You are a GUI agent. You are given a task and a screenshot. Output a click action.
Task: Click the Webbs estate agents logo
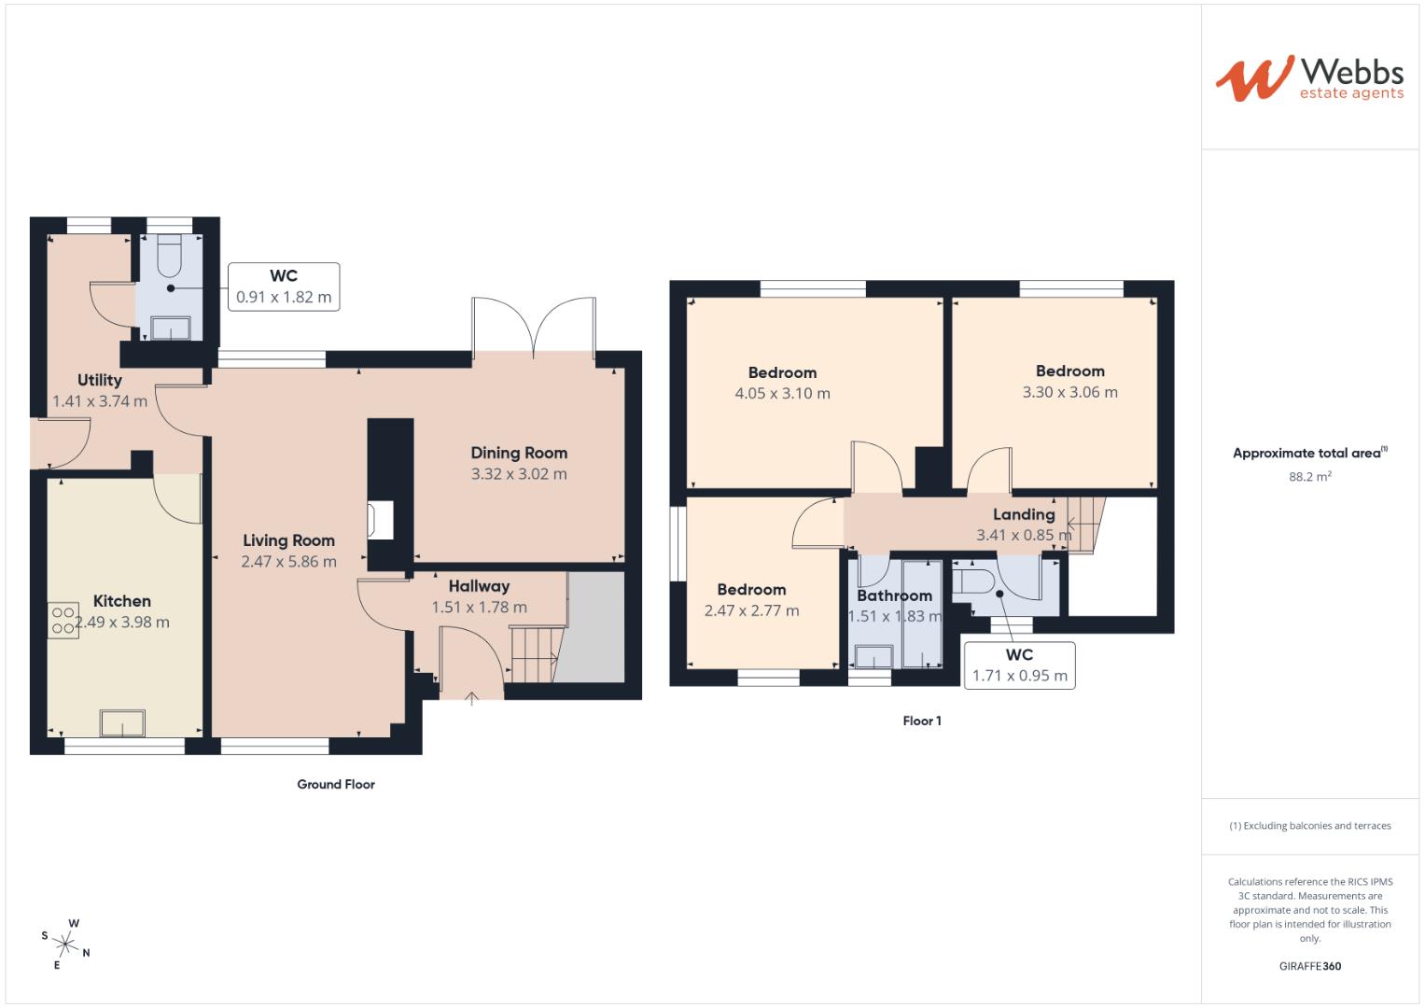tap(1308, 78)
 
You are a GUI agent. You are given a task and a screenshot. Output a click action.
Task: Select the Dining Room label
tap(519, 453)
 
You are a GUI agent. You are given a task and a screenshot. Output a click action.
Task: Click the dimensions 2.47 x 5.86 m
tap(288, 562)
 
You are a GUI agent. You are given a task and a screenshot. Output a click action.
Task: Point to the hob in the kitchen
tap(63, 622)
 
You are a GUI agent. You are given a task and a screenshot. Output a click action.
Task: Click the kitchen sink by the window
tap(123, 723)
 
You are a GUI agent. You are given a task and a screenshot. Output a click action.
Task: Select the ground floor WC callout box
tap(284, 287)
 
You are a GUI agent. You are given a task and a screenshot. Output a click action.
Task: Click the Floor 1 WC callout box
tap(1019, 665)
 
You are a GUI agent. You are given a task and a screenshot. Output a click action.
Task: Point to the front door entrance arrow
tap(472, 696)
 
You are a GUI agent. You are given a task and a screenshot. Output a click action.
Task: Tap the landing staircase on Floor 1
tap(1084, 524)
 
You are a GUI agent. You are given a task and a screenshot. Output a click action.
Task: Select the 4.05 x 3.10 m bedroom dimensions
tap(782, 394)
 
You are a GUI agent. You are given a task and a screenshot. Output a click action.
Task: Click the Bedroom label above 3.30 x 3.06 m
tap(1069, 371)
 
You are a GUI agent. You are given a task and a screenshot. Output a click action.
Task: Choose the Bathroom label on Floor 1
tap(894, 595)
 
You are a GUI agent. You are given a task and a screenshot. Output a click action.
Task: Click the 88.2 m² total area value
tap(1309, 476)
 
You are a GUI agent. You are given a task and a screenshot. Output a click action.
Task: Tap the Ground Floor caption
tap(336, 784)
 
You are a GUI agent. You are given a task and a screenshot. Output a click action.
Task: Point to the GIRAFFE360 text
tap(1309, 966)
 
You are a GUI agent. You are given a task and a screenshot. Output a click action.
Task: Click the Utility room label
tap(99, 380)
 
